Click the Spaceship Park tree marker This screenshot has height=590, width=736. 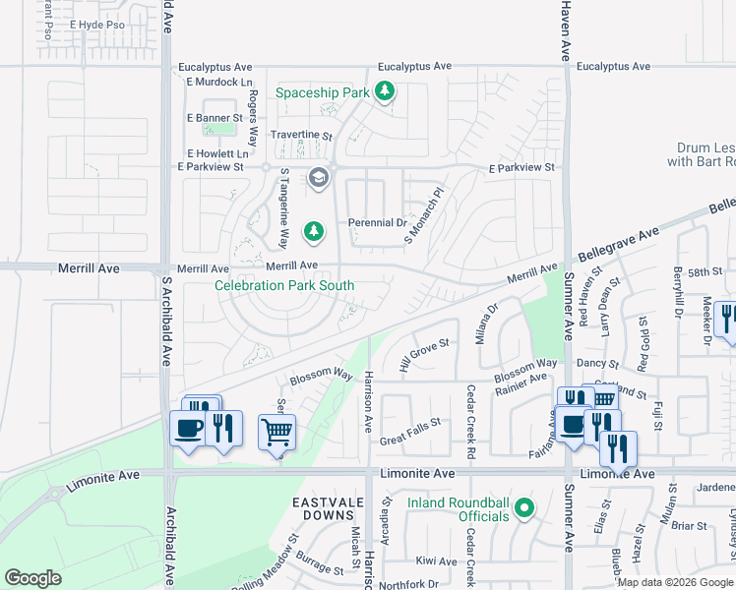386,92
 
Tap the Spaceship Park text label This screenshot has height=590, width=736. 322,92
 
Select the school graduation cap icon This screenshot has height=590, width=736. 318,178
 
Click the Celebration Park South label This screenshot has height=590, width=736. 284,285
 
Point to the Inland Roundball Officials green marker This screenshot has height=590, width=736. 524,508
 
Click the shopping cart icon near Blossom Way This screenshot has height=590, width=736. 276,431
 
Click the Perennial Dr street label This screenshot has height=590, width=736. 378,222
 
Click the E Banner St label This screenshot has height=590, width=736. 215,118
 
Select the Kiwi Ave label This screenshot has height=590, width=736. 436,561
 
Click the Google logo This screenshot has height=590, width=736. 32,578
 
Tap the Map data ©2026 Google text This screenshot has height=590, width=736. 675,582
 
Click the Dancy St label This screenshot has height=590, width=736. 592,363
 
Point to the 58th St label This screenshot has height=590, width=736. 705,271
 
